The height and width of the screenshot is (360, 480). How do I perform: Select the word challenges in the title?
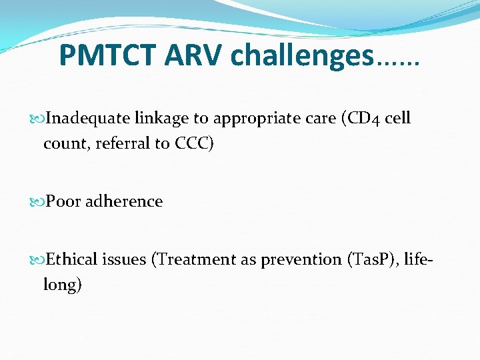click(301, 56)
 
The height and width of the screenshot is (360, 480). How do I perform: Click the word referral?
click(120, 143)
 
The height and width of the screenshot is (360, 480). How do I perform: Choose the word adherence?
click(123, 201)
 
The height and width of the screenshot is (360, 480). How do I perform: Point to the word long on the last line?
click(61, 285)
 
